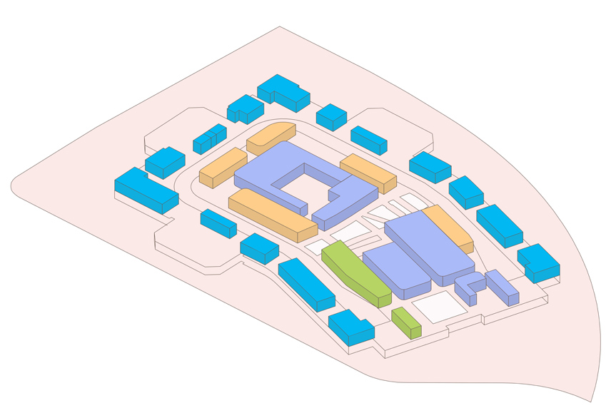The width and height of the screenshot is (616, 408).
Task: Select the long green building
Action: click(x=355, y=272)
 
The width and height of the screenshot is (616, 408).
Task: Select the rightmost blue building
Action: click(x=538, y=262)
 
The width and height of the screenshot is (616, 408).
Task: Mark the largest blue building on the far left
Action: click(x=146, y=189)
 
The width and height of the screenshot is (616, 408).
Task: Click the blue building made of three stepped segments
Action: click(x=209, y=138)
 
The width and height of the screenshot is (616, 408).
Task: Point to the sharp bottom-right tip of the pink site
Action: click(x=591, y=400)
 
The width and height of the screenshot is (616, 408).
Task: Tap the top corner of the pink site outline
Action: click(x=280, y=27)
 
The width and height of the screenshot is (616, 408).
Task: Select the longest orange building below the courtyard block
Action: click(x=272, y=213)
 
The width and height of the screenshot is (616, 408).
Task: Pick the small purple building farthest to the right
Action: click(x=502, y=286)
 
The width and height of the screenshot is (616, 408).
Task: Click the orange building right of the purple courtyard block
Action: click(x=368, y=173)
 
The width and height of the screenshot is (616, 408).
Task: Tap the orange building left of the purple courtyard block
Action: click(x=223, y=166)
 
